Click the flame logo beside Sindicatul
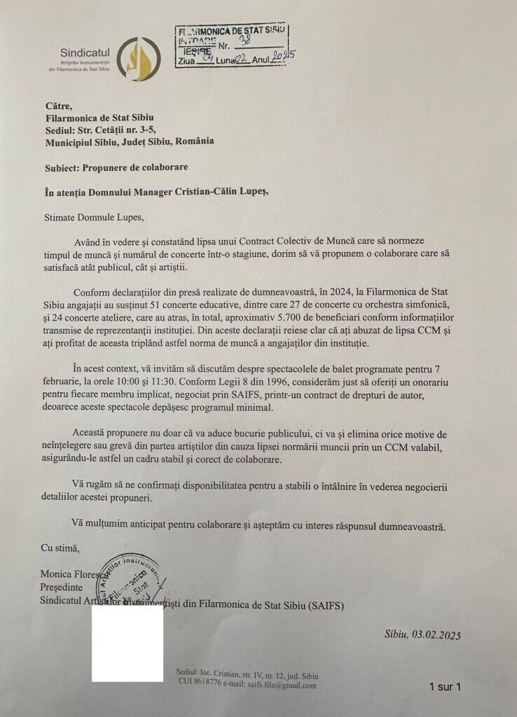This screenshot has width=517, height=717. pyautogui.click(x=138, y=59)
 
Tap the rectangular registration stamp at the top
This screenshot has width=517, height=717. pyautogui.click(x=230, y=44)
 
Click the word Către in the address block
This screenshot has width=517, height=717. pyautogui.click(x=59, y=106)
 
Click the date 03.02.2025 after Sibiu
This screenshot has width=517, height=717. pyautogui.click(x=434, y=635)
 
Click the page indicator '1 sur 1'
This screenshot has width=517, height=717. pyautogui.click(x=444, y=687)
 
